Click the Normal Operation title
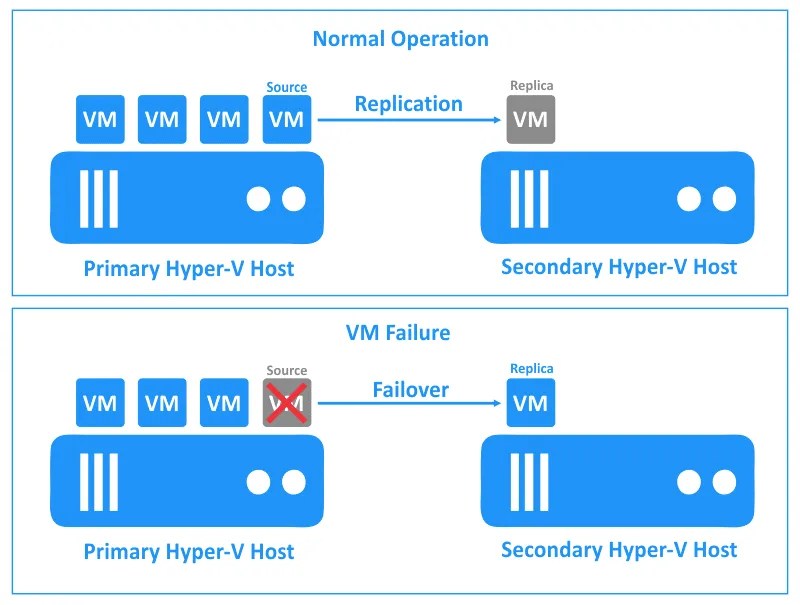pos(400,39)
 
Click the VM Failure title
pos(400,332)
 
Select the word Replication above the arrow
pos(408,104)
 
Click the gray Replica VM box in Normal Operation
pos(530,120)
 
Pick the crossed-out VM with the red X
pos(287,403)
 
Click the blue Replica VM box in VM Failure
pos(530,403)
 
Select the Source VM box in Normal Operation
pos(287,120)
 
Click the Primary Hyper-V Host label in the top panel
pos(189,268)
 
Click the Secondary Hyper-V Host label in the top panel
pos(619,267)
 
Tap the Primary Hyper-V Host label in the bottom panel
pos(189,551)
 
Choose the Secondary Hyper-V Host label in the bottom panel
pos(619,549)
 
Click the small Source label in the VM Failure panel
pos(287,371)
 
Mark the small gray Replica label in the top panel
pos(531,87)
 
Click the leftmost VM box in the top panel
pos(100,120)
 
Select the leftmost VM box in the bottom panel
pos(100,403)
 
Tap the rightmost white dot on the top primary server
pos(293,199)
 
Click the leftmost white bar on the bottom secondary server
pos(513,482)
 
